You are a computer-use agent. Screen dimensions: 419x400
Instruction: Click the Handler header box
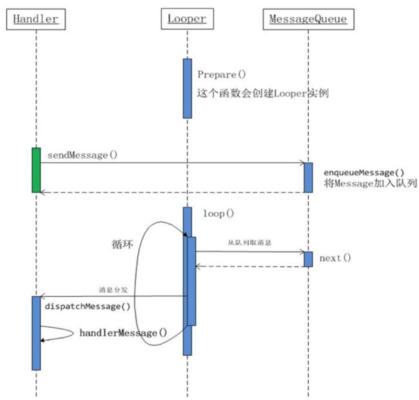click(x=36, y=19)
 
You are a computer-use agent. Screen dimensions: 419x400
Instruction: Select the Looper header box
click(x=187, y=19)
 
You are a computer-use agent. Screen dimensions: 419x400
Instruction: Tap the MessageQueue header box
click(x=308, y=19)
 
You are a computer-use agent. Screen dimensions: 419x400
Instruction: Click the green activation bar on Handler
click(x=36, y=170)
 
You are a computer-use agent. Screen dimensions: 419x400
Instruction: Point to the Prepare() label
click(x=222, y=74)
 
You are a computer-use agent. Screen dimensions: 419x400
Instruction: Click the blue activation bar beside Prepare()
click(x=188, y=88)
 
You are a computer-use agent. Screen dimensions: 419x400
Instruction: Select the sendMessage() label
click(x=83, y=155)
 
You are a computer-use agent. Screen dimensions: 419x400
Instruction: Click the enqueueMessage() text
click(x=364, y=173)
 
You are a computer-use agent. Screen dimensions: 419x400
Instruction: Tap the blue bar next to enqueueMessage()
click(x=308, y=177)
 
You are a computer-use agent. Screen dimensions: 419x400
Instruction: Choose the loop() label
click(x=219, y=214)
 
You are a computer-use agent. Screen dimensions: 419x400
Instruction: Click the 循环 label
click(x=122, y=245)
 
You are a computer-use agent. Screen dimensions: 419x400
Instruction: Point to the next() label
click(x=335, y=258)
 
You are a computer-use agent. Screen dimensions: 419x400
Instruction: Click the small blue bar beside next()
click(x=308, y=259)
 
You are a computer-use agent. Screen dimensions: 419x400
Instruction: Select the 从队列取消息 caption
click(x=249, y=243)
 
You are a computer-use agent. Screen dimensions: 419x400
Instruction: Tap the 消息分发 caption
click(x=113, y=290)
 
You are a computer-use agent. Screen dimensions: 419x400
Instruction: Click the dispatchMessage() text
click(x=88, y=306)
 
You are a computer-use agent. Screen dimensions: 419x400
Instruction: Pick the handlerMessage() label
click(x=124, y=333)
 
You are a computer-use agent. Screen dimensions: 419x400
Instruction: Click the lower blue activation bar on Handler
click(x=36, y=333)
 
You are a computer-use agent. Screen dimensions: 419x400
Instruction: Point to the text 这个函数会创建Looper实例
click(x=263, y=94)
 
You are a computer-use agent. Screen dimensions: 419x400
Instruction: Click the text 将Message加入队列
click(x=371, y=183)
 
